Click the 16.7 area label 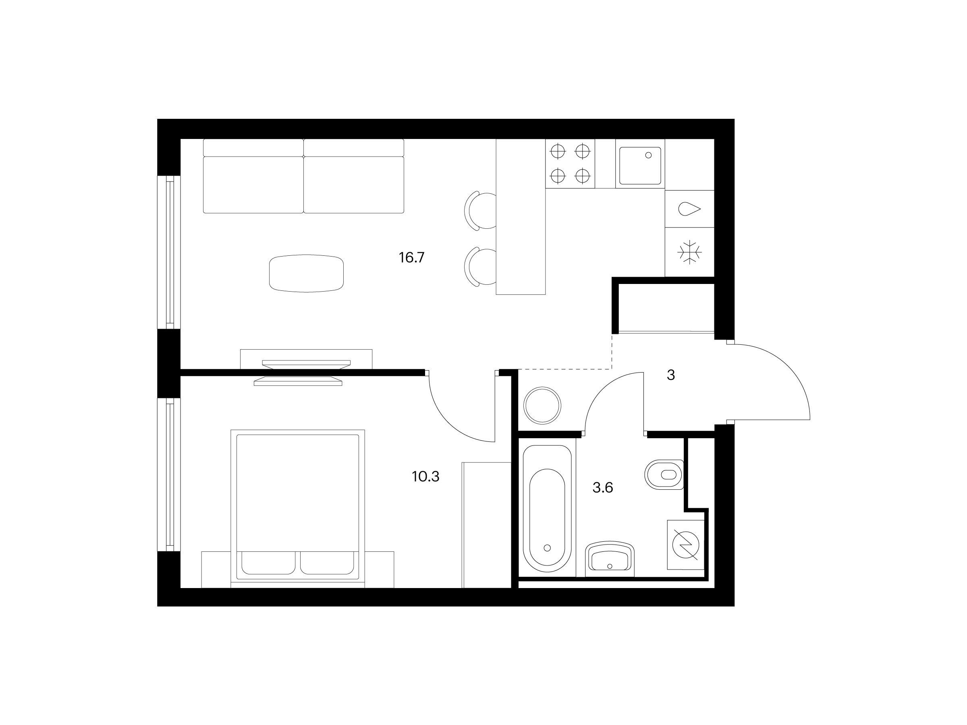[x=411, y=258]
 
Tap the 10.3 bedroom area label [x=425, y=477]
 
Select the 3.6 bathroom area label [x=602, y=488]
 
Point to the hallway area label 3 [x=670, y=375]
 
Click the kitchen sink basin [x=640, y=166]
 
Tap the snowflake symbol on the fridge [x=689, y=252]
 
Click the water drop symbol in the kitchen [x=689, y=209]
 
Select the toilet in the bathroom [x=664, y=474]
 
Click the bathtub [x=547, y=508]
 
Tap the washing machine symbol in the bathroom [x=685, y=545]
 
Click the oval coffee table [x=307, y=273]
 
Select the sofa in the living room [x=303, y=176]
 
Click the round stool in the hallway [x=542, y=405]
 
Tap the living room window [x=170, y=252]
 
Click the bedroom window [x=170, y=474]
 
